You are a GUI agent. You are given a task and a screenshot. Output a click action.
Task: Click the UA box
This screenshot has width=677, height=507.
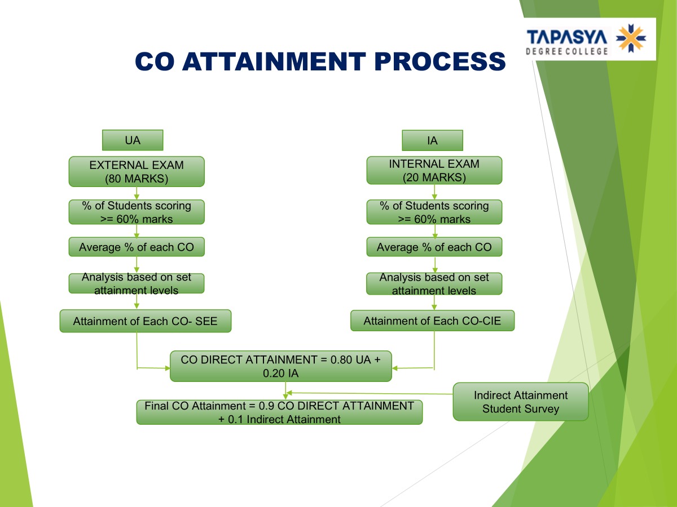(x=133, y=140)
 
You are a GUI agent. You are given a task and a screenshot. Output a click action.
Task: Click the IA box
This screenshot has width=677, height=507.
(x=432, y=140)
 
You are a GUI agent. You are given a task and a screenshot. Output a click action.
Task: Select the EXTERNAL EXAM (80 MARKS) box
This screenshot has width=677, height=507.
(x=137, y=171)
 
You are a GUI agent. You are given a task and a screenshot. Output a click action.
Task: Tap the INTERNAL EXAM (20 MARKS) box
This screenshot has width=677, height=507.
(x=434, y=170)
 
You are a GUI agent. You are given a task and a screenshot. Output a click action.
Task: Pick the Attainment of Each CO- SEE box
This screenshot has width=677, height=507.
(x=145, y=321)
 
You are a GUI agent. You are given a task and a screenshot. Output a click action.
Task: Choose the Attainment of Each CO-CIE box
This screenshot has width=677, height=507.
(x=432, y=321)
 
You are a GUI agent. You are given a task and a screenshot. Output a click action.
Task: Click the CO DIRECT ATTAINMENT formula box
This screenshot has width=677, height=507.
(x=280, y=366)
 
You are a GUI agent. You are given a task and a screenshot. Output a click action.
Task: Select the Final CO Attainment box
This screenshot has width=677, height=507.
(x=279, y=412)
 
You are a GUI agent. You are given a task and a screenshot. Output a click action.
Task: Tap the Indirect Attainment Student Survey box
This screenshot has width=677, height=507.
(x=520, y=402)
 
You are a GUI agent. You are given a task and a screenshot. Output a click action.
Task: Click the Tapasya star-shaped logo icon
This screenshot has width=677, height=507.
(x=631, y=38)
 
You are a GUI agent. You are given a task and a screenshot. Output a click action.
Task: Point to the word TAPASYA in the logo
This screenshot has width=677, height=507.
(x=567, y=37)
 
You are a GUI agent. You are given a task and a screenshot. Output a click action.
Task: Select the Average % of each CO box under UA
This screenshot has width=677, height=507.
(x=137, y=247)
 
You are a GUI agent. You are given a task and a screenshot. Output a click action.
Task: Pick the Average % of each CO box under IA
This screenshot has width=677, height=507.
(x=434, y=247)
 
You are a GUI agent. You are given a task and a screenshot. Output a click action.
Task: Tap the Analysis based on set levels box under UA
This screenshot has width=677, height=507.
(x=137, y=283)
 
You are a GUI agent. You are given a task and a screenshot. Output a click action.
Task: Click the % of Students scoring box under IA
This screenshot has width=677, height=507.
(x=434, y=212)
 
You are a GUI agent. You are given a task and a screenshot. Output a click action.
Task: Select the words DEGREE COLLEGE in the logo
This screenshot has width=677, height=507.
(x=567, y=51)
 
